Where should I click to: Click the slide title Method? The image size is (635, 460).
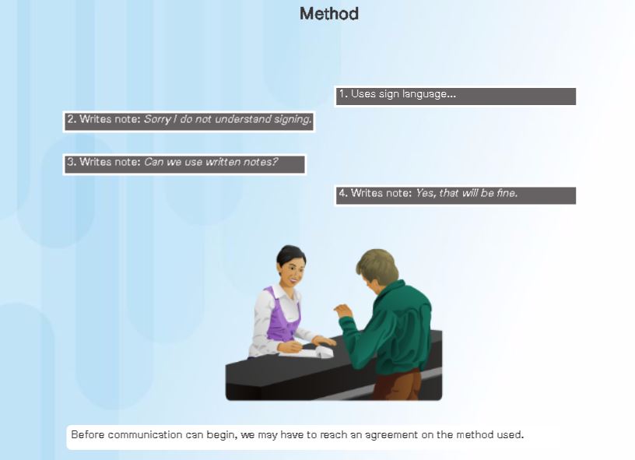(x=328, y=14)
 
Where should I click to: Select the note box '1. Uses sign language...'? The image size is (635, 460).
(x=455, y=96)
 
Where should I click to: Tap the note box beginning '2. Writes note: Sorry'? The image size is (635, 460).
(x=188, y=121)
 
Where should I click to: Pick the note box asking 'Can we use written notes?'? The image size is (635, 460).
(x=184, y=163)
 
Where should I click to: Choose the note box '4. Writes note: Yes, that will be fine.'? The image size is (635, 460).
(x=455, y=195)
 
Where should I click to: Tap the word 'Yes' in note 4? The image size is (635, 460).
(x=425, y=193)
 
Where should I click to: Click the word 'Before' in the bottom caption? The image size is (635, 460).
(x=87, y=434)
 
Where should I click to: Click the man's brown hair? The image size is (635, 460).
(x=379, y=263)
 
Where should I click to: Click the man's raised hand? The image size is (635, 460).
(x=342, y=311)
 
